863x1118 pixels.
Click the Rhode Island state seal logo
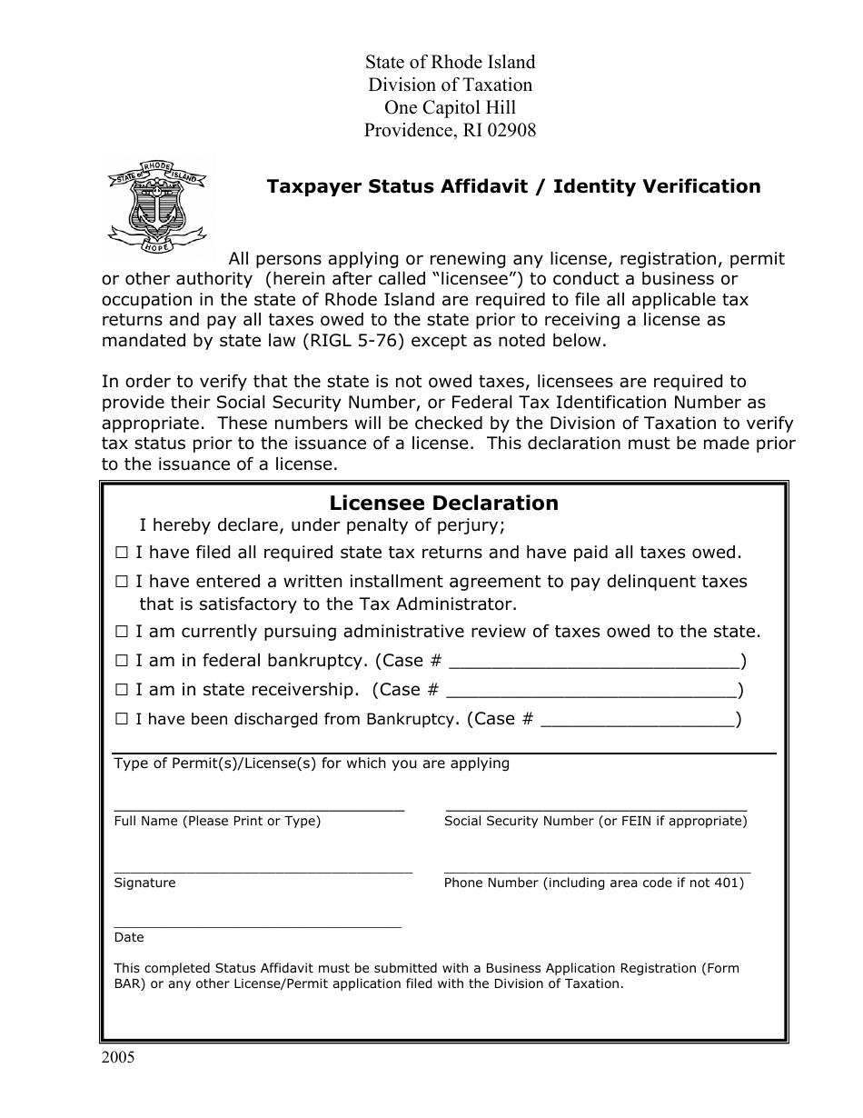pyautogui.click(x=157, y=205)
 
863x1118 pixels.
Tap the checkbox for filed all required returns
pyautogui.click(x=122, y=553)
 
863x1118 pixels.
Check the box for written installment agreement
pyautogui.click(x=122, y=582)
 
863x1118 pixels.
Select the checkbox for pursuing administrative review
pyautogui.click(x=122, y=632)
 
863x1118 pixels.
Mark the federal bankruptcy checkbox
pyautogui.click(x=122, y=662)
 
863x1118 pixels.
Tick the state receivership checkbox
pyautogui.click(x=122, y=691)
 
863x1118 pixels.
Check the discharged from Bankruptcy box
pyautogui.click(x=122, y=720)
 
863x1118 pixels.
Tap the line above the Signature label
pyautogui.click(x=263, y=870)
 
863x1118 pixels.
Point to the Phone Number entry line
pyautogui.click(x=597, y=870)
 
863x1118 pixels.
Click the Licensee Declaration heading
pyautogui.click(x=443, y=504)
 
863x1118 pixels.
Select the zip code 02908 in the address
pyautogui.click(x=512, y=130)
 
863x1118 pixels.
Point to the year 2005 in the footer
pyautogui.click(x=117, y=1058)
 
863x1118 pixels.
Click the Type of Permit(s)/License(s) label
pyautogui.click(x=311, y=764)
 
